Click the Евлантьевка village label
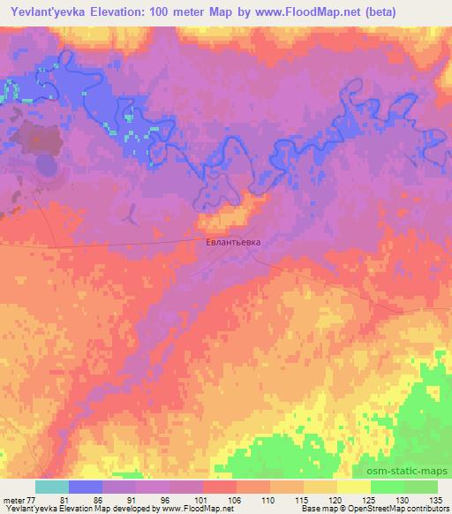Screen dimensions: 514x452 click(234, 239)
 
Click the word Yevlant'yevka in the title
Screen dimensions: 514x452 click(45, 12)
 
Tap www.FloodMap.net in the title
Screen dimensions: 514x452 click(300, 12)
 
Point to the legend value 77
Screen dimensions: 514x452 click(34, 501)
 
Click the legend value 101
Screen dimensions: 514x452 click(202, 501)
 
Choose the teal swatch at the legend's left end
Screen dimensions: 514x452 click(52, 488)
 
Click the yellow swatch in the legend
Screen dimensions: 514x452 click(354, 488)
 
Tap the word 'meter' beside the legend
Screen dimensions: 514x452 click(14, 501)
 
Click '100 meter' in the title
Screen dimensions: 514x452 click(174, 12)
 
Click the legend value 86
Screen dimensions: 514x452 click(102, 501)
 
